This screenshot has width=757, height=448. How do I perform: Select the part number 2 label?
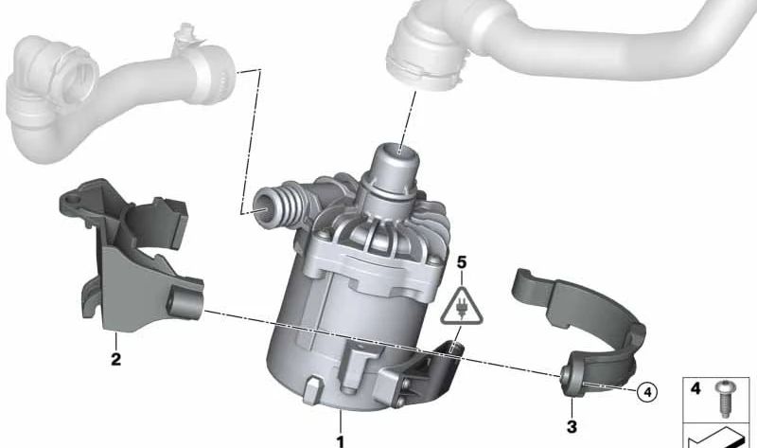115,358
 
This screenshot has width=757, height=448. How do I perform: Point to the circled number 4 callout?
645,390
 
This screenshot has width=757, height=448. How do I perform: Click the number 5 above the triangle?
461,260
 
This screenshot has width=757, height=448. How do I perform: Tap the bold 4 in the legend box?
696,388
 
